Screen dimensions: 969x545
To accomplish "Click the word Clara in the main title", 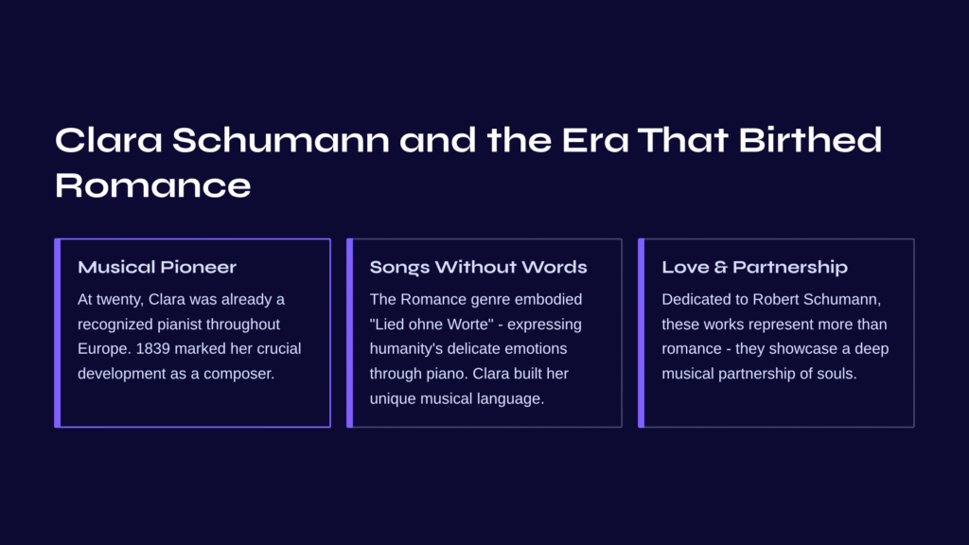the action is click(109, 140).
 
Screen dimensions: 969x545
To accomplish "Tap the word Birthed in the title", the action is click(810, 140).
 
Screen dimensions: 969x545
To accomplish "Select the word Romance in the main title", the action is click(153, 185).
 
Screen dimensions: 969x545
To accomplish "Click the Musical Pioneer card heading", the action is click(157, 267).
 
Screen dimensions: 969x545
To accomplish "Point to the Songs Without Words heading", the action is click(478, 267).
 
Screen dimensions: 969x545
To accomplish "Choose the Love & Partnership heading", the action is click(754, 267).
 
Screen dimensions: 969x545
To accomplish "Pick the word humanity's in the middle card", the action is click(406, 349).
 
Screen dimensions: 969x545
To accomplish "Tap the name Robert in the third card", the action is click(774, 299).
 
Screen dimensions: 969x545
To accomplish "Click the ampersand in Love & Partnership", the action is click(720, 267).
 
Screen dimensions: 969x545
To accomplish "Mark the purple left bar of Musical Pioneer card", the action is click(58, 333).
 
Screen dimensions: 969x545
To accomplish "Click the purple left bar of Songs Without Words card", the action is click(350, 333).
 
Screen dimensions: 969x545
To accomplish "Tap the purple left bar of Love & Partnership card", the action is click(642, 333).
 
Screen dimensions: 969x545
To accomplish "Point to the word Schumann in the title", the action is click(281, 140).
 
